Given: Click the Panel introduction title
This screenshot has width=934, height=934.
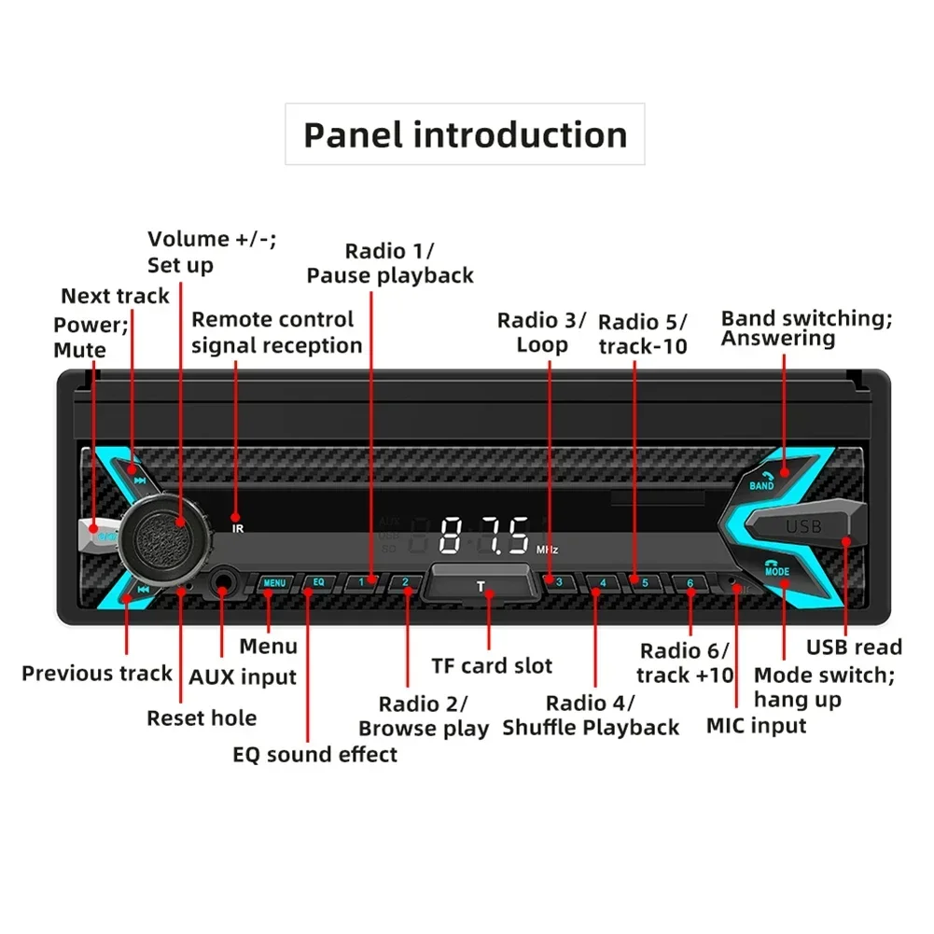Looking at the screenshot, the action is (x=465, y=134).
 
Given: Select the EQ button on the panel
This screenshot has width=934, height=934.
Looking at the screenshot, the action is (x=318, y=582).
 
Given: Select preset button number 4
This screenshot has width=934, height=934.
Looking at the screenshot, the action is (x=603, y=583).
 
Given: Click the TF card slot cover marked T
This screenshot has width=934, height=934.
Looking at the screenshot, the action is (x=481, y=587).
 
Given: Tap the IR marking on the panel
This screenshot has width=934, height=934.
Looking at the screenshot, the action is (x=237, y=528).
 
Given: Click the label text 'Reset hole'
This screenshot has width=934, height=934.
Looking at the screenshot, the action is (x=202, y=718).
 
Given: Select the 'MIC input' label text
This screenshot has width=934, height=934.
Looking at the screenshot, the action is (x=756, y=725).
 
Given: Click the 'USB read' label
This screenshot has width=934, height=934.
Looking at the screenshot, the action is (x=854, y=648).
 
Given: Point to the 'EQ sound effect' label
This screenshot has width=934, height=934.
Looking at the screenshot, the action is (x=314, y=754).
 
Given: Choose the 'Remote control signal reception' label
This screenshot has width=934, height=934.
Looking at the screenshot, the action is (x=276, y=332).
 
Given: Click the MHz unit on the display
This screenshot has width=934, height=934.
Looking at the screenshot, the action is (x=548, y=550).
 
